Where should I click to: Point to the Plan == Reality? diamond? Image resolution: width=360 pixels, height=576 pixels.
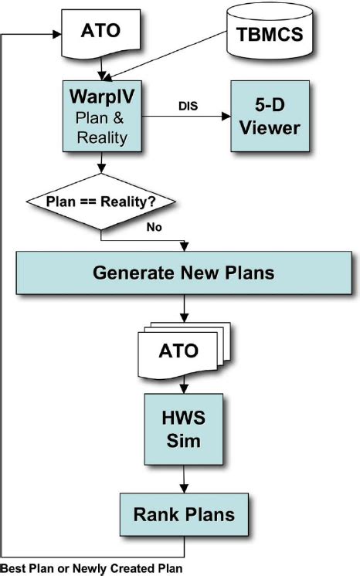(100, 202)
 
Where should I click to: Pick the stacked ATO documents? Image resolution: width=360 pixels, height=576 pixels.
(179, 351)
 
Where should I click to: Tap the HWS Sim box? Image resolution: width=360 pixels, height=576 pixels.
(184, 427)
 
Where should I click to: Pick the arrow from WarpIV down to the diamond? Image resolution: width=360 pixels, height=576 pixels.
(100, 164)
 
